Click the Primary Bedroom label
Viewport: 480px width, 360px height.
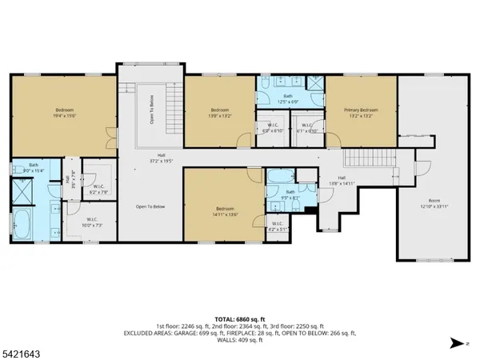click(361, 113)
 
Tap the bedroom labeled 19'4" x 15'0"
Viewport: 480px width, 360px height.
click(64, 113)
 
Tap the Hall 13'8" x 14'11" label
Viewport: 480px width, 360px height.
click(342, 180)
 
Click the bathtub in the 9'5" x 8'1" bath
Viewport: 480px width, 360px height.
click(280, 178)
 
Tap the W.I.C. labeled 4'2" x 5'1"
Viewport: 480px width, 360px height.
click(276, 226)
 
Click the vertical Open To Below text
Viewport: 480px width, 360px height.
click(150, 110)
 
